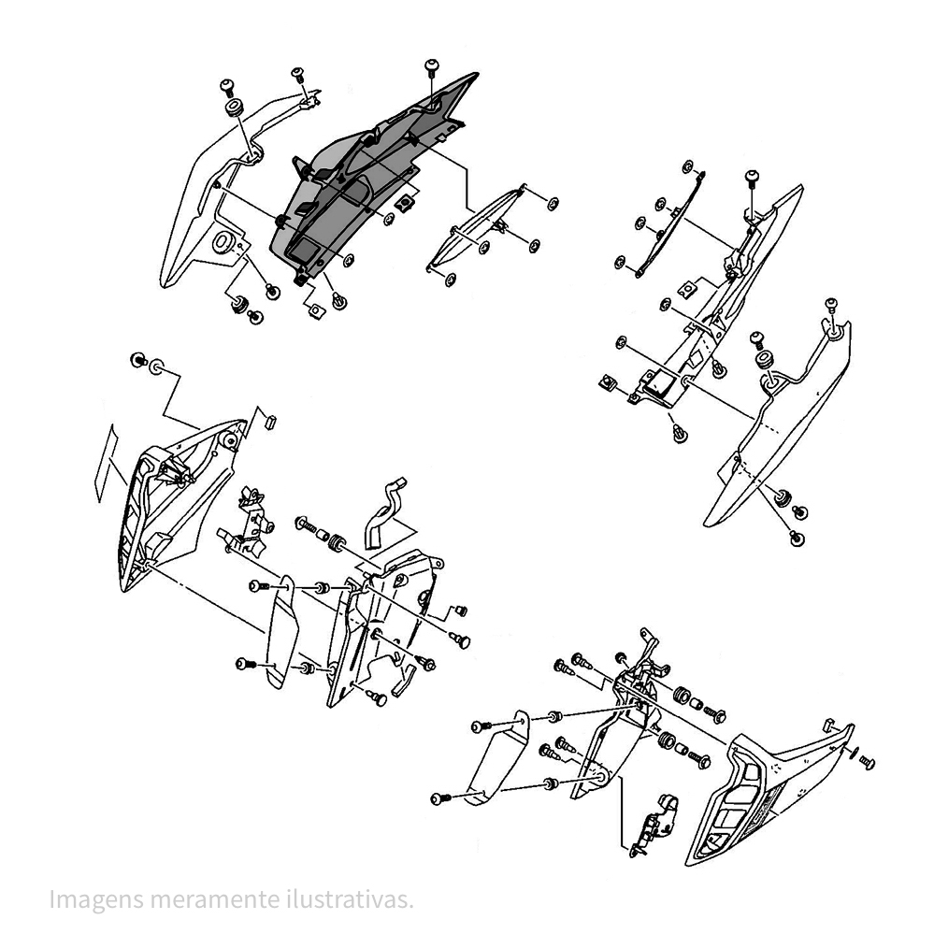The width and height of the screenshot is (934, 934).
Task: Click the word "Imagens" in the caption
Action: pyautogui.click(x=96, y=898)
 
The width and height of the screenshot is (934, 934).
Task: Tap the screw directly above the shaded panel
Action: pyautogui.click(x=431, y=66)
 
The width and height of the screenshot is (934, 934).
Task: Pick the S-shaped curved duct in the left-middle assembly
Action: pyautogui.click(x=385, y=513)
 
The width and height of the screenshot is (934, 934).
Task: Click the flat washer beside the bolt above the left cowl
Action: pyautogui.click(x=157, y=366)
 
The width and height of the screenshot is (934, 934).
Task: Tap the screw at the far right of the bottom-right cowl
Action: pyautogui.click(x=868, y=762)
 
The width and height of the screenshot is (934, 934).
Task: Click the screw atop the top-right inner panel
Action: pyautogui.click(x=752, y=180)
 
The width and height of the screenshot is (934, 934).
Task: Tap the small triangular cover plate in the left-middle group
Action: pyautogui.click(x=281, y=632)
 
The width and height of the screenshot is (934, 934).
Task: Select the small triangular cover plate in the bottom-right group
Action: pyautogui.click(x=496, y=757)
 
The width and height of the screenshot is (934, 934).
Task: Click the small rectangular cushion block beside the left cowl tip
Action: pyautogui.click(x=270, y=422)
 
